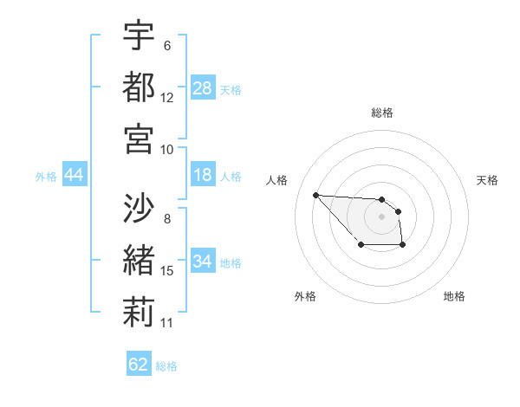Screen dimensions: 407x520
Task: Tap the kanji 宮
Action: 140,138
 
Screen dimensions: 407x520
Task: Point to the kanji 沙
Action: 140,208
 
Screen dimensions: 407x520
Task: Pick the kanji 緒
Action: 140,260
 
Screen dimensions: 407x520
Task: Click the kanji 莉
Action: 140,311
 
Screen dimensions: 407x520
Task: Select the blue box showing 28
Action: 203,88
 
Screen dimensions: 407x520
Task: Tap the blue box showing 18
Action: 203,176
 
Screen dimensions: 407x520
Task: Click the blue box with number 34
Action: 203,262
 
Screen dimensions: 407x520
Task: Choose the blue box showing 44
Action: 75,176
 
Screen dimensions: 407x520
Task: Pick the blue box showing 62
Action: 139,365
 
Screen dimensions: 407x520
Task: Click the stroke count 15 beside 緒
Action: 167,271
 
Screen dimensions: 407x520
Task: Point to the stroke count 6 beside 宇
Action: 167,46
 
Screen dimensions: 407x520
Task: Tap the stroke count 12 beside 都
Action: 167,98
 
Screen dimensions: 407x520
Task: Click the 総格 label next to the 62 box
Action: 166,366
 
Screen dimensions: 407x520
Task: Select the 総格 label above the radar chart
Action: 382,113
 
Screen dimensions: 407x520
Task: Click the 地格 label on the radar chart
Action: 454,296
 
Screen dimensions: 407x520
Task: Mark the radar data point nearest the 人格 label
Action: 315,195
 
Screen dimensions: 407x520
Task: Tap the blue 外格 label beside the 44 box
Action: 46,177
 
